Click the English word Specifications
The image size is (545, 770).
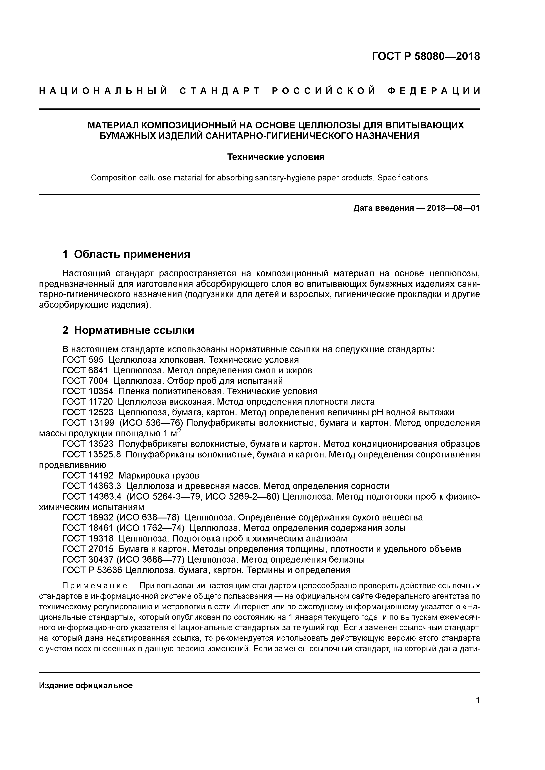coord(402,178)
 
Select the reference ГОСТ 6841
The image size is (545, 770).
coord(86,371)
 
